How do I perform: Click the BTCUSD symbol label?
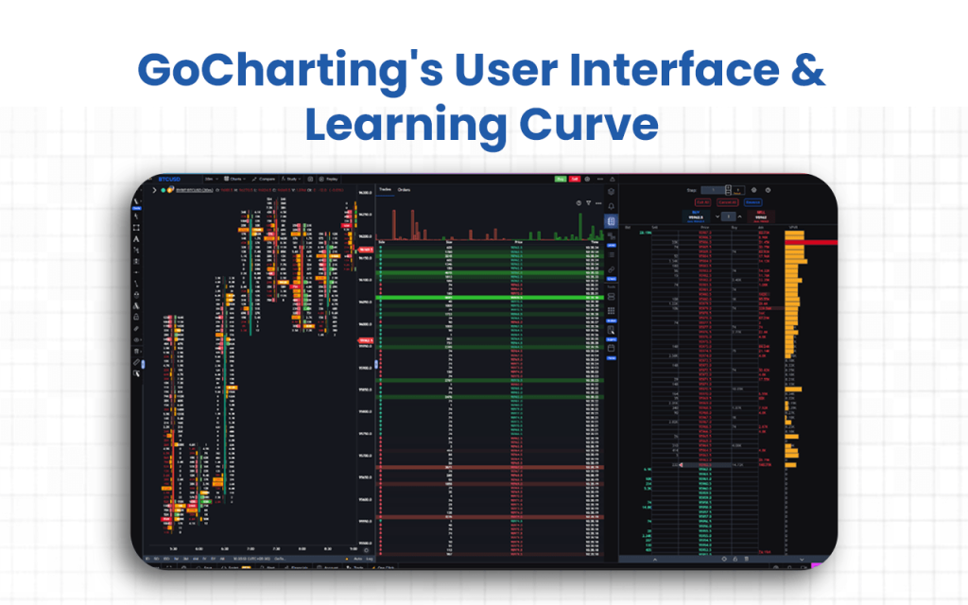click(169, 178)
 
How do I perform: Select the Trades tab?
click(385, 190)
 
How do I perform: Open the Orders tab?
click(404, 190)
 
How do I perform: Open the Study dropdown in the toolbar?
click(294, 178)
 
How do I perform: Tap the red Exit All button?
click(702, 201)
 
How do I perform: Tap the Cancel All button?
click(727, 201)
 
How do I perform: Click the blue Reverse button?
click(752, 201)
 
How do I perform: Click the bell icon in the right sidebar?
click(611, 204)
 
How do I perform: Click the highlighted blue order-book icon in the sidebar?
click(611, 221)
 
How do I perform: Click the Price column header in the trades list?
click(517, 242)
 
